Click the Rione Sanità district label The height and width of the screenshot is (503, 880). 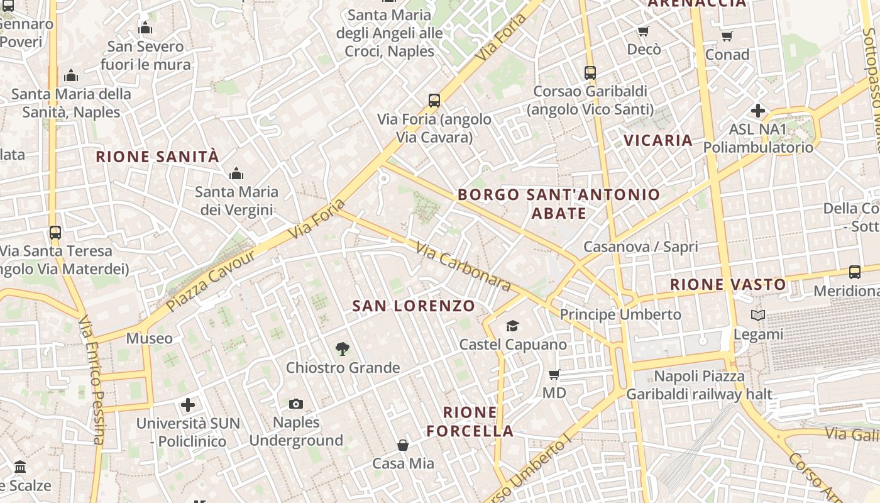point(157,157)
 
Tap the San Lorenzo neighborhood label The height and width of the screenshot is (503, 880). point(414,306)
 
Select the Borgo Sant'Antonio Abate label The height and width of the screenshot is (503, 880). point(559,204)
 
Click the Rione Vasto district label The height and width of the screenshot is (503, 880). point(728,285)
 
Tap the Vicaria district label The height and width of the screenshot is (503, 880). point(658,140)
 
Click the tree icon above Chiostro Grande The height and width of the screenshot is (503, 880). point(343,348)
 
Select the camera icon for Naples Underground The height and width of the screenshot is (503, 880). point(296,404)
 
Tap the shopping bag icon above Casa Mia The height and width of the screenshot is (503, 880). point(403,445)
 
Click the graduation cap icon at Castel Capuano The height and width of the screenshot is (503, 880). point(513,326)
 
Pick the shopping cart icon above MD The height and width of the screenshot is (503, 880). point(554,375)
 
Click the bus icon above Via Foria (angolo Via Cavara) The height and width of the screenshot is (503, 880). point(434,101)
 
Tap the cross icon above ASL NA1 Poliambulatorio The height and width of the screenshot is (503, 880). point(758,111)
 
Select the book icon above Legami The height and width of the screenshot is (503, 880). point(759,316)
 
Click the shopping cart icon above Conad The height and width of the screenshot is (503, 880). point(727,36)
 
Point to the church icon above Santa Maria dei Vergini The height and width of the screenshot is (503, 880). point(236,174)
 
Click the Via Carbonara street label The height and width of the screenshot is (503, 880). point(463,267)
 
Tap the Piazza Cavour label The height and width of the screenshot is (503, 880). point(212,280)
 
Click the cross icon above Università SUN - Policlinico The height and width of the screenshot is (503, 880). point(188,405)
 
